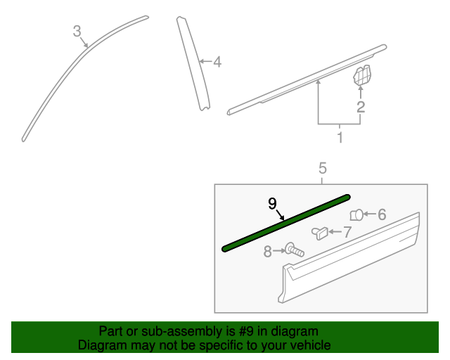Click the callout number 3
pos(77,30)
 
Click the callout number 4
pos(217,62)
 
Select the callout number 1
pos(340,137)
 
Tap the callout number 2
pos(361,107)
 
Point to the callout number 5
pos(323,168)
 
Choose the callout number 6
pos(382,214)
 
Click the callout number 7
pos(347,231)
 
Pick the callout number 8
pos(267,251)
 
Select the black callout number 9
pos(272,203)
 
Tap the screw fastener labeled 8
pos(293,250)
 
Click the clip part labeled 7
pos(321,233)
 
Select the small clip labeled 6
pos(356,214)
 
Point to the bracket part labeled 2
pos(361,75)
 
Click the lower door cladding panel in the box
pos(352,260)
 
